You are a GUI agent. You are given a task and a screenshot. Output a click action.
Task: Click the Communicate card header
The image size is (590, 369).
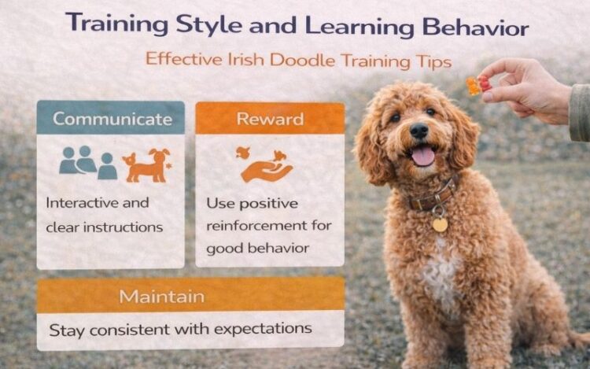point(112,120)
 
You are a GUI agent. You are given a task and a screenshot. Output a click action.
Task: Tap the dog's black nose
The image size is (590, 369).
point(419,130)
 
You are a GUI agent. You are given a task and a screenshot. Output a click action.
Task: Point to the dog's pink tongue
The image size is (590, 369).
point(423,156)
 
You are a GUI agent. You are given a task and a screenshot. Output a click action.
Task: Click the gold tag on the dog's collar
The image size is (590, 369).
point(440,224)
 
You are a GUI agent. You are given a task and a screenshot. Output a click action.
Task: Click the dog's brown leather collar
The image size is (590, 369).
point(431,196)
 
